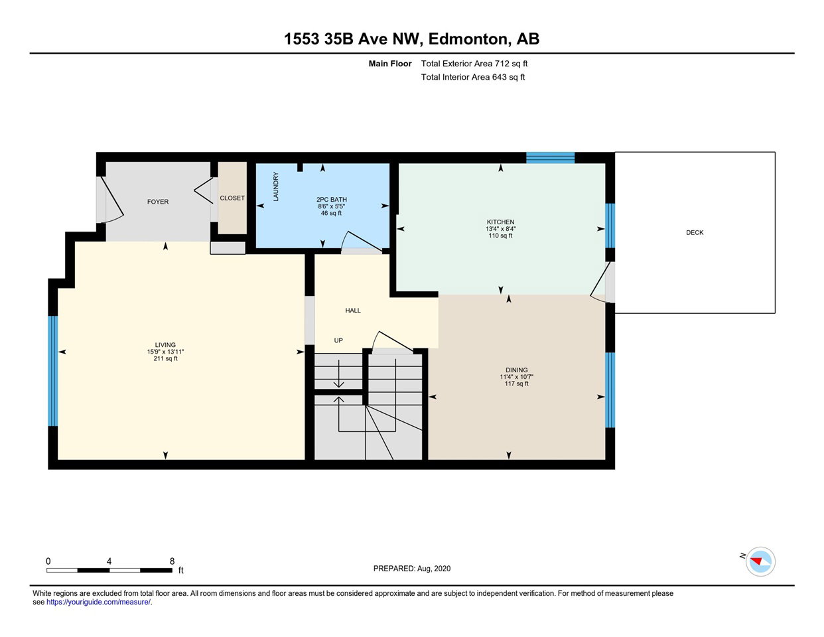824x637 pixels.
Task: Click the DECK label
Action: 695,233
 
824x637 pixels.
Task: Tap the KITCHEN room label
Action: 500,222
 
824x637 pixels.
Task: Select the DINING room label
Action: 516,370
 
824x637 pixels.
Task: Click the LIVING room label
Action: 165,345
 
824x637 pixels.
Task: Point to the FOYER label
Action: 158,202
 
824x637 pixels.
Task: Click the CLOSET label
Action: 232,198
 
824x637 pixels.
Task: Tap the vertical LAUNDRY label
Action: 276,186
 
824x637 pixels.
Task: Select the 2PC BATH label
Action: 332,200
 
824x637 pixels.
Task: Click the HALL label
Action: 353,311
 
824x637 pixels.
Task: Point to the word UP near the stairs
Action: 338,340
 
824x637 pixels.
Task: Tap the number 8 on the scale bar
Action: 172,561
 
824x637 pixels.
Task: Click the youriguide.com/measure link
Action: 98,602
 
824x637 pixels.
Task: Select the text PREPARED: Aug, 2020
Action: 412,569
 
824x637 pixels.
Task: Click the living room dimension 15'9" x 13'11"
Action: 165,352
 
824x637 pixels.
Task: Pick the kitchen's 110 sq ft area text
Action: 500,236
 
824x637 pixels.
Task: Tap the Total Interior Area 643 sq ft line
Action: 473,78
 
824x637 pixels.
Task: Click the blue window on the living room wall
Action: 52,371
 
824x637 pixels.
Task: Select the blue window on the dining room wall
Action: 610,390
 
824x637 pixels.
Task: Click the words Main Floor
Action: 390,64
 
